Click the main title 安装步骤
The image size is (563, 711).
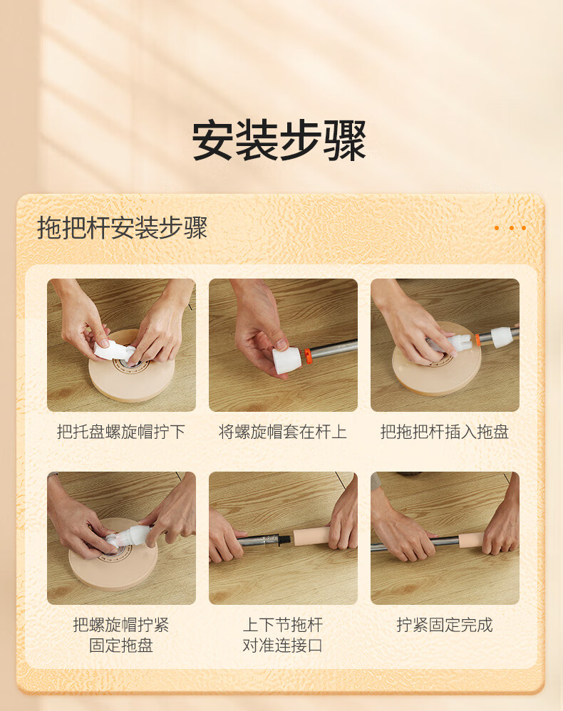(279, 140)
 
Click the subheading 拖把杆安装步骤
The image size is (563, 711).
(122, 228)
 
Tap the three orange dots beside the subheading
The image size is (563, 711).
(510, 228)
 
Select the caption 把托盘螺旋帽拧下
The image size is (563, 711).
(121, 432)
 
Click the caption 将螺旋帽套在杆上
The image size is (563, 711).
(283, 432)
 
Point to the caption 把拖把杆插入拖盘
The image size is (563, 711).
(445, 432)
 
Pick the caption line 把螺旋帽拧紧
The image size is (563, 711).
(121, 625)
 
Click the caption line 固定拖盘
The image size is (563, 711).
(121, 645)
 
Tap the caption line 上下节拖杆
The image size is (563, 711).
(283, 625)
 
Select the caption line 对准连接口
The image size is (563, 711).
(283, 645)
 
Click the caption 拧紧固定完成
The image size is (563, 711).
(445, 625)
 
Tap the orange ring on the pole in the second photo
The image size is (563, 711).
(308, 355)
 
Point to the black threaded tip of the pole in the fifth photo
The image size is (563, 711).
(285, 539)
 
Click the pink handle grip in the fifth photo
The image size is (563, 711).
(313, 536)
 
